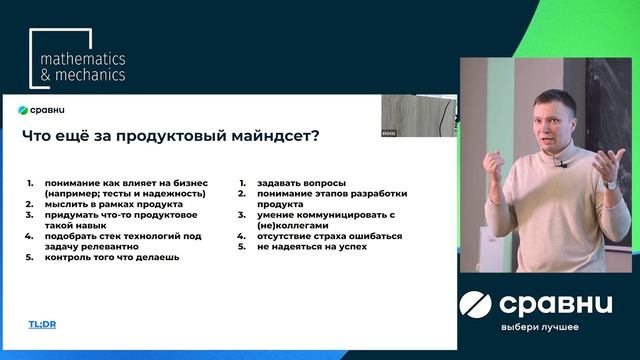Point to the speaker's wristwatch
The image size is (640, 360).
(611, 184)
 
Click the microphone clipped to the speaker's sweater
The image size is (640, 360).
(561, 162)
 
